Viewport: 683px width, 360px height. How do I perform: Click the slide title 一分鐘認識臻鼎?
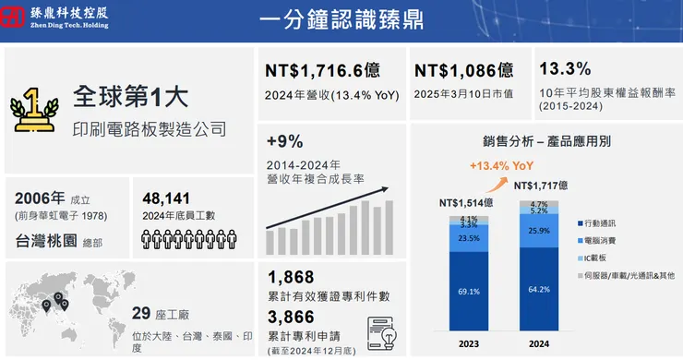pos(341,19)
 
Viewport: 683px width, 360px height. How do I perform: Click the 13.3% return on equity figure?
pos(564,69)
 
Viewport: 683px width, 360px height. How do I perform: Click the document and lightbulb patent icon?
pos(381,330)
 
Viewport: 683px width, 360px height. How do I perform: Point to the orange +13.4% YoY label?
pos(501,166)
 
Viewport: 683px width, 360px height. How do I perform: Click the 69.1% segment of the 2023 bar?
pos(468,292)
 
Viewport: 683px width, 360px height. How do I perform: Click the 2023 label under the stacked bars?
pos(468,343)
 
